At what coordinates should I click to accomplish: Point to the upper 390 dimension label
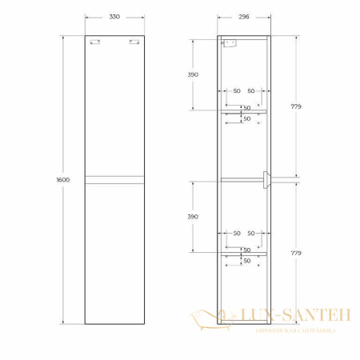pos(193,74)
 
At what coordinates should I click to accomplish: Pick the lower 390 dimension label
pos(193,217)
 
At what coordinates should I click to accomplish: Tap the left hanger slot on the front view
pos(96,43)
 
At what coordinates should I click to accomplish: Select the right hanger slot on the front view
pos(136,43)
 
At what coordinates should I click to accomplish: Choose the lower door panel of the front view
pos(117,252)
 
